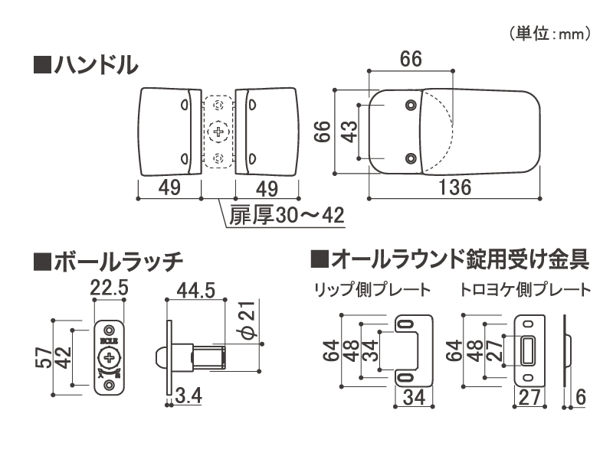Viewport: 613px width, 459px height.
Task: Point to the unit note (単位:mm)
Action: click(548, 34)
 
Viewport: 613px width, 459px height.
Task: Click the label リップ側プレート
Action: click(371, 291)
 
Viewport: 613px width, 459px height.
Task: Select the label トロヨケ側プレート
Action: click(525, 291)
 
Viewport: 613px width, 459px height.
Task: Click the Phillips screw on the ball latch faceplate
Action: click(110, 357)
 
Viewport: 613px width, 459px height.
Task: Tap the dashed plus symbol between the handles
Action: click(220, 132)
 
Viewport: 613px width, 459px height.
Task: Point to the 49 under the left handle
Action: click(169, 187)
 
